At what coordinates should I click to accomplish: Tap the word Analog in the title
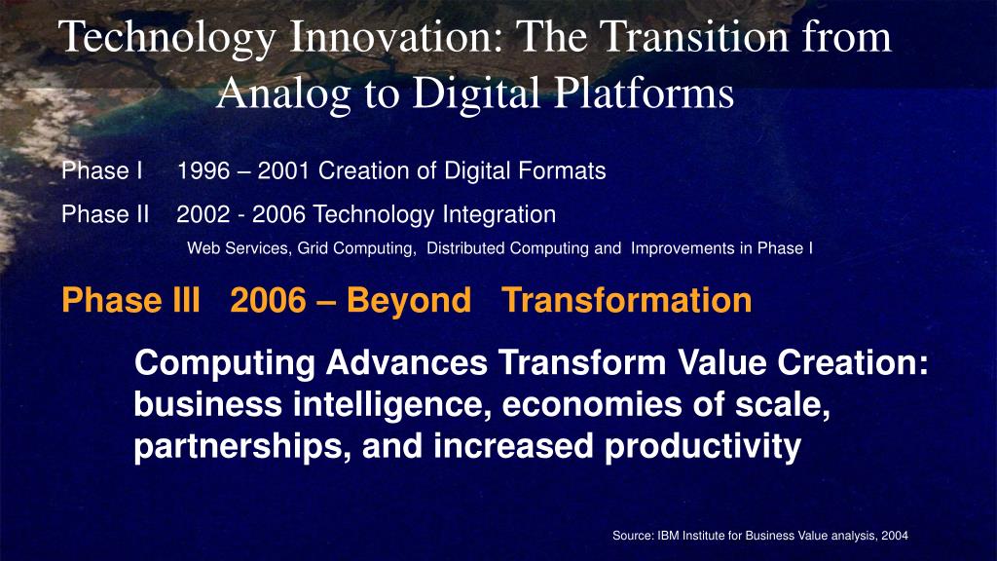tap(283, 93)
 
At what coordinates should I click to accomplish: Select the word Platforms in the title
tap(645, 93)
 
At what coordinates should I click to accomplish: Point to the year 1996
tap(203, 170)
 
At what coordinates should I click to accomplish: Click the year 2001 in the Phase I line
tap(283, 170)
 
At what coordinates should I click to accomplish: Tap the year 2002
tap(203, 214)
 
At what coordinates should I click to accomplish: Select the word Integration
tap(499, 214)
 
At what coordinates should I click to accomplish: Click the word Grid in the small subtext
tap(313, 248)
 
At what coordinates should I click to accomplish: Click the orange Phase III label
tap(131, 300)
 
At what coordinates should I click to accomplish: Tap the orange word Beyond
tap(409, 301)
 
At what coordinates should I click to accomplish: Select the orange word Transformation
tap(626, 300)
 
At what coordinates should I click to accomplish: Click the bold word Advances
tap(407, 363)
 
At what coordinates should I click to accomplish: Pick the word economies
tap(591, 405)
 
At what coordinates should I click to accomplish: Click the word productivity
tap(703, 446)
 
